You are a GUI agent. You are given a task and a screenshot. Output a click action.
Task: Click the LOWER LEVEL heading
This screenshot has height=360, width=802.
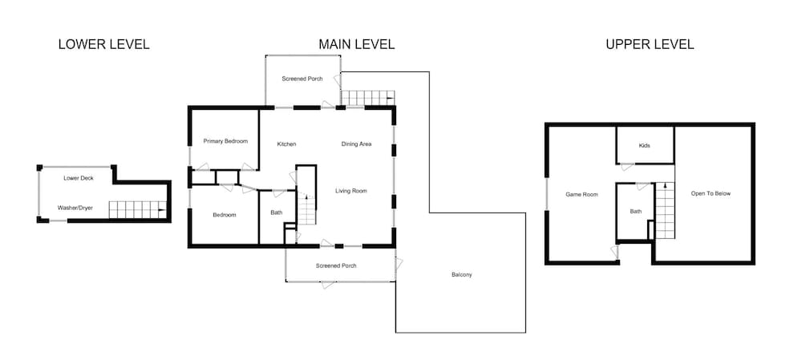[103, 44]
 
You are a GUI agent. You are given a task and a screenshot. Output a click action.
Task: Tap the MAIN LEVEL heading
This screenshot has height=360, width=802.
[357, 44]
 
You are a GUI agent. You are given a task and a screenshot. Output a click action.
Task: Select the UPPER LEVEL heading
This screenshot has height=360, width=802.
[650, 44]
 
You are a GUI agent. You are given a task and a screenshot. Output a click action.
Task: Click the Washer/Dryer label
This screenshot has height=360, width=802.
[75, 208]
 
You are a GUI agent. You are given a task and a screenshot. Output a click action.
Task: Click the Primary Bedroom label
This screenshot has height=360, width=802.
[225, 141]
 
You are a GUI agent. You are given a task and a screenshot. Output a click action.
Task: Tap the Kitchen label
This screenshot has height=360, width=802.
[286, 144]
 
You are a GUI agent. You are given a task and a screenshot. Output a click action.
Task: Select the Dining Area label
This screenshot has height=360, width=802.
[357, 144]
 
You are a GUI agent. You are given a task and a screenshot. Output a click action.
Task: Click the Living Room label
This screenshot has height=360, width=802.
[351, 192]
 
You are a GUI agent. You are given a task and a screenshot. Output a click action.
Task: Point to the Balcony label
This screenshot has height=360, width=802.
[462, 274]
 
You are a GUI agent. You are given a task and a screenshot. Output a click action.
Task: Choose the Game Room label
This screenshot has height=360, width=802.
[581, 194]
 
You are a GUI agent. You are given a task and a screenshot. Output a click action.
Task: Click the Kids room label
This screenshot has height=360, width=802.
[645, 146]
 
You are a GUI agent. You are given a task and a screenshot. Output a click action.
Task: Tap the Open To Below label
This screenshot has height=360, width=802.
[711, 194]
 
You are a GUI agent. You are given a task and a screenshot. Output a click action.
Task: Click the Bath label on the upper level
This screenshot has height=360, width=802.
[636, 211]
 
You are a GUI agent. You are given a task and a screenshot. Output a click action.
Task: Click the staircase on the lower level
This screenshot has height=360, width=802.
[138, 209]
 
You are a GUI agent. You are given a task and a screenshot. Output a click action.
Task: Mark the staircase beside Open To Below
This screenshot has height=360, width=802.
[665, 210]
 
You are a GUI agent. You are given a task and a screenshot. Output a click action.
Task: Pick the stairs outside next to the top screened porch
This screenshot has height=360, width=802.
[368, 98]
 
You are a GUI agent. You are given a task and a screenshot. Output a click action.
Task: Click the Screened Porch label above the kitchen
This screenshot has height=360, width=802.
[302, 79]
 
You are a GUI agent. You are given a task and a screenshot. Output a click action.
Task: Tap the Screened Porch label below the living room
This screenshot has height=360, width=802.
[336, 266]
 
